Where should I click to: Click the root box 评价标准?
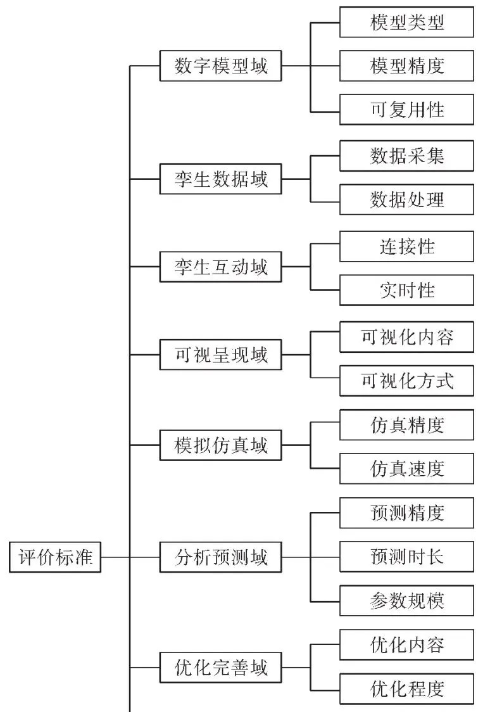[x=55, y=557]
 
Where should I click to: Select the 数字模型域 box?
[x=220, y=66]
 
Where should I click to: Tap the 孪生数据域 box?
[x=220, y=179]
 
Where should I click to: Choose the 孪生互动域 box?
[x=220, y=267]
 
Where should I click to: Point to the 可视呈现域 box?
[x=220, y=356]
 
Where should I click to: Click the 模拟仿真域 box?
[x=220, y=445]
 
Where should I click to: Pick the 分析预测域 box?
[x=220, y=557]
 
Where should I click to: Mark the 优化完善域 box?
[x=220, y=668]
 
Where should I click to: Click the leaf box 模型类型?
[x=406, y=22]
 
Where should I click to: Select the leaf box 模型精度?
[x=406, y=66]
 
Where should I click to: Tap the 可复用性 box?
[x=406, y=110]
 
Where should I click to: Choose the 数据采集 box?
[x=406, y=156]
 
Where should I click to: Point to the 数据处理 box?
[x=406, y=200]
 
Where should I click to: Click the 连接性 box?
[x=406, y=246]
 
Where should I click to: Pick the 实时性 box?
[x=406, y=290]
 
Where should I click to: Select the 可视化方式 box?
[x=406, y=381]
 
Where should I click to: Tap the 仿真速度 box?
[x=406, y=469]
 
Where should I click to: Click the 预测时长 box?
[x=406, y=557]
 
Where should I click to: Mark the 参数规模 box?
[x=406, y=601]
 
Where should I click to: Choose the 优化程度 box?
[x=406, y=688]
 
